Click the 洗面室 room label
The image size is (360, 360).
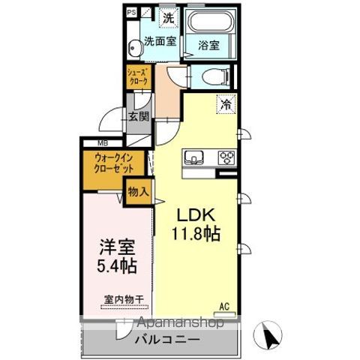point(160,42)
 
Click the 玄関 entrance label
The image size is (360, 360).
point(138,117)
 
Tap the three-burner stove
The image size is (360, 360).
point(226,157)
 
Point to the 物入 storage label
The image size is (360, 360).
point(138,191)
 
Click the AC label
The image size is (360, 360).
point(223,305)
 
